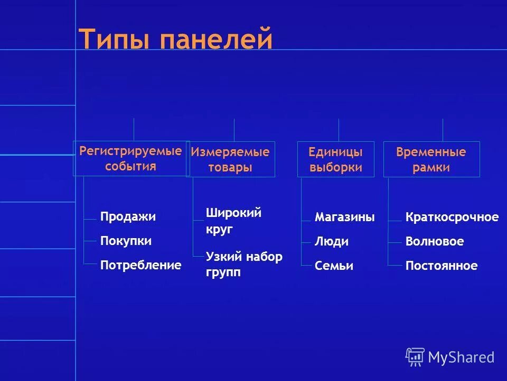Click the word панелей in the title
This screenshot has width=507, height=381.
217,40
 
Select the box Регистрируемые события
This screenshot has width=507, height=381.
131,158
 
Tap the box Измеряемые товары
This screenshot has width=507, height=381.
230,159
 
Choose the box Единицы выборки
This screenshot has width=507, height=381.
336,159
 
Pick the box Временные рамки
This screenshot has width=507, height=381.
431,159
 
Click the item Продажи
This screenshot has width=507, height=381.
128,217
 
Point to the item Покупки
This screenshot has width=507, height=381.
126,241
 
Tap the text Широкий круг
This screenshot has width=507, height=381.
233,221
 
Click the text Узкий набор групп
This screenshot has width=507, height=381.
243,265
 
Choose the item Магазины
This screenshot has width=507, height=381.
344,217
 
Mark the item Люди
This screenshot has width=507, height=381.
332,242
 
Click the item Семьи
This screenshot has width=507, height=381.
334,266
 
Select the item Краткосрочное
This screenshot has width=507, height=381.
452,217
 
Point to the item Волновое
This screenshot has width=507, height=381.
434,242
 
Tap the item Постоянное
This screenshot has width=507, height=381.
441,266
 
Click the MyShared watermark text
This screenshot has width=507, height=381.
461,358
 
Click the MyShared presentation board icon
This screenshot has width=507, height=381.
415,357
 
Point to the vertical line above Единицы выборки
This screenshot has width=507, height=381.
339,130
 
